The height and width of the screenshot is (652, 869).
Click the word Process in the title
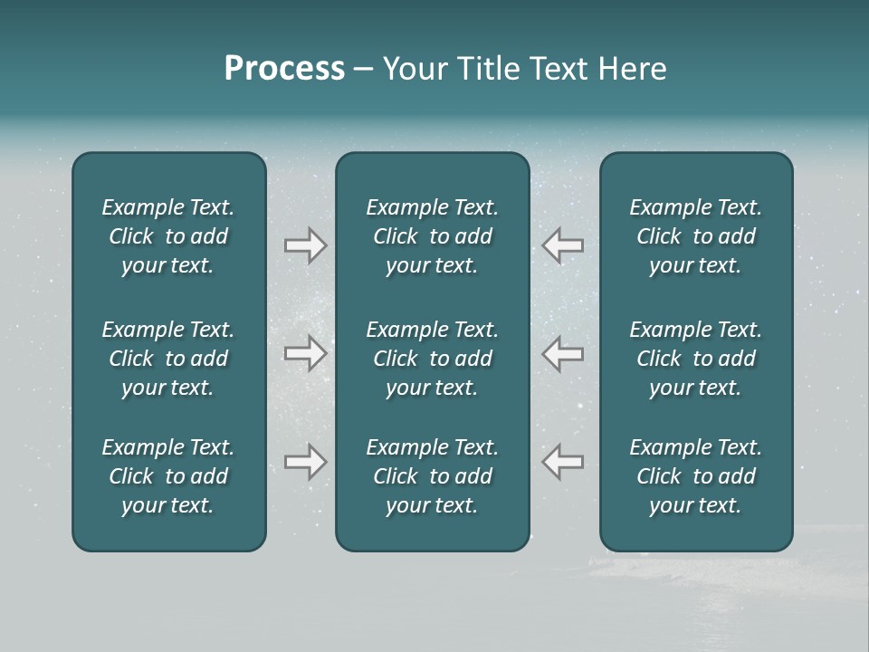point(284,69)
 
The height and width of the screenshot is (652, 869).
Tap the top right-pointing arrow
point(305,245)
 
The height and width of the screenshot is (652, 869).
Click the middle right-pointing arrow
point(305,353)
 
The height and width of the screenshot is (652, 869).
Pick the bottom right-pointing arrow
point(305,462)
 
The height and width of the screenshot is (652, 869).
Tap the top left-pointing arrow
point(563,245)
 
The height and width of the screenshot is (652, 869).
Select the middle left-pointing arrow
point(563,353)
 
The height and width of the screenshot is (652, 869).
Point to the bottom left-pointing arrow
point(563,462)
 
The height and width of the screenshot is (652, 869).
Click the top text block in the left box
point(168,236)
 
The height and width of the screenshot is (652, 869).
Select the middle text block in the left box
point(168,359)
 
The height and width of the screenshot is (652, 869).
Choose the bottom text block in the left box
point(168,476)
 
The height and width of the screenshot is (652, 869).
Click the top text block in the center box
point(433,236)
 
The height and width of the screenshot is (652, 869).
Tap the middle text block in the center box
point(433,359)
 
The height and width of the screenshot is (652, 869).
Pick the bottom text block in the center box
point(433,476)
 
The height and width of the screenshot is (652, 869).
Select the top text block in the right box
point(696,236)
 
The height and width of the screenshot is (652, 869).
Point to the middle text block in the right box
point(696,359)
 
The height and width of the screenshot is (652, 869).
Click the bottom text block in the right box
point(696,476)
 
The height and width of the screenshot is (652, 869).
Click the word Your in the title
point(412,69)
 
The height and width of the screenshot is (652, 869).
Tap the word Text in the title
point(556,69)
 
